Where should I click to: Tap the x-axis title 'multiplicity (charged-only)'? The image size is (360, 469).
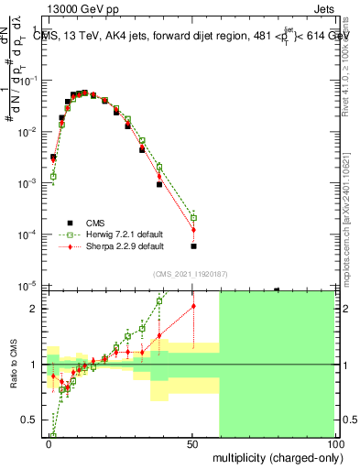[x=273, y=456]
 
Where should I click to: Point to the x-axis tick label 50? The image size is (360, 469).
[x=192, y=442]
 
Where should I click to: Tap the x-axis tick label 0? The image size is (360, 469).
[x=49, y=442]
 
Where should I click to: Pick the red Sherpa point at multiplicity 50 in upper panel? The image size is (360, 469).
[x=193, y=229]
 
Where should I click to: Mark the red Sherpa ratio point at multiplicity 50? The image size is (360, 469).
[x=193, y=306]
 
